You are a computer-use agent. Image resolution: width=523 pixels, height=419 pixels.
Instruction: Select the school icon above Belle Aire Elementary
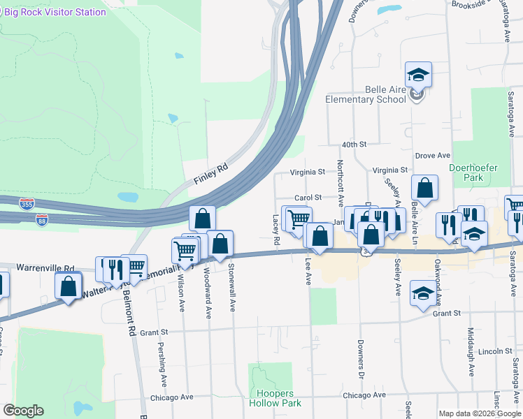click(x=418, y=75)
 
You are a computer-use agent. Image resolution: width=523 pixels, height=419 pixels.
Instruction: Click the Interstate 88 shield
click(x=43, y=219)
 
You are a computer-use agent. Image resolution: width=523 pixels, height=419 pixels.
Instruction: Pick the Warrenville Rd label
click(x=50, y=268)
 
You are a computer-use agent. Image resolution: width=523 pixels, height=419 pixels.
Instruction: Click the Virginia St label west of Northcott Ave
click(x=308, y=171)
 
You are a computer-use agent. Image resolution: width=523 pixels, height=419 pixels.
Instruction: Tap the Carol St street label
click(x=308, y=198)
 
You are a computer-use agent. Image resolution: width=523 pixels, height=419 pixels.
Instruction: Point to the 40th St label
click(x=354, y=144)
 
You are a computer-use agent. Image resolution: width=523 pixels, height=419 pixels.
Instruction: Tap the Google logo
click(x=24, y=411)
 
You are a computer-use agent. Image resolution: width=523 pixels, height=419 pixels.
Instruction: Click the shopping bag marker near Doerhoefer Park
click(x=424, y=188)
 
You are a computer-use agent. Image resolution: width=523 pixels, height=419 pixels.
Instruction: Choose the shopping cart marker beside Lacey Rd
click(x=297, y=219)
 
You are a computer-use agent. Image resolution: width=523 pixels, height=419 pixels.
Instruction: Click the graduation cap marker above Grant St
click(x=423, y=293)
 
